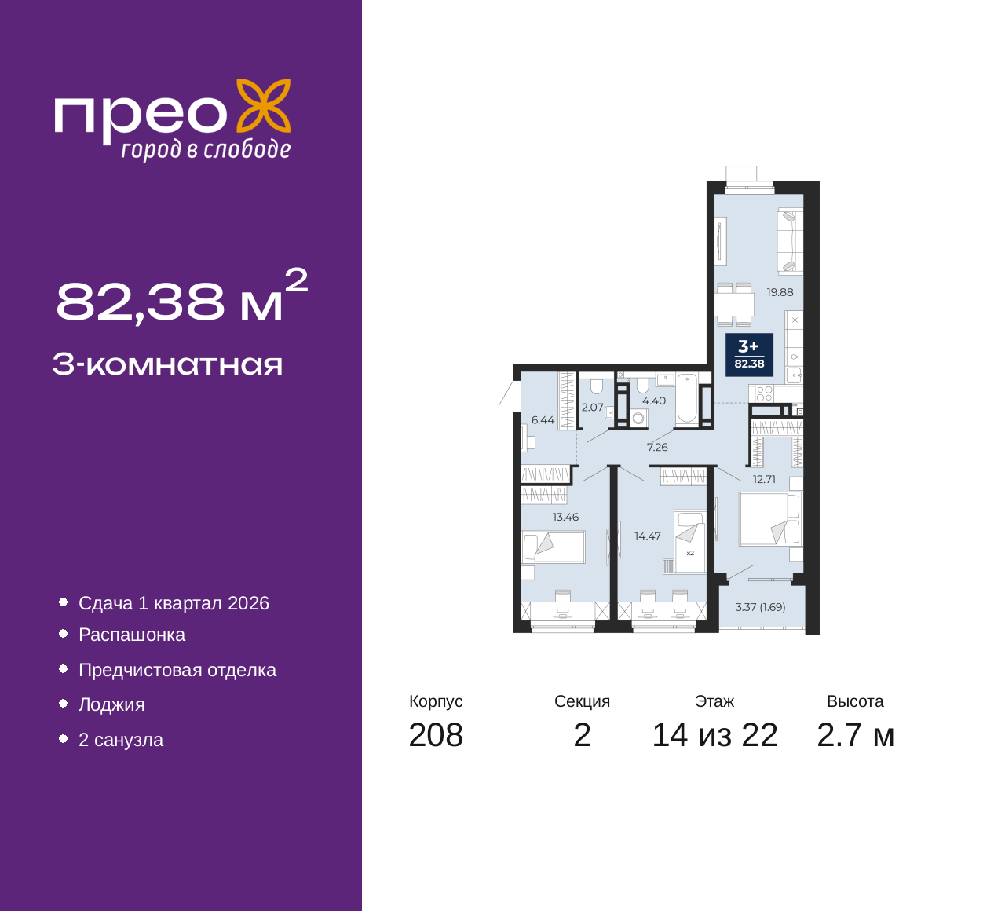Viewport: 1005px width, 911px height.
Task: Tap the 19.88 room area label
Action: (x=780, y=292)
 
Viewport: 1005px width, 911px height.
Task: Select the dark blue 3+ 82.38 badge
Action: (x=749, y=355)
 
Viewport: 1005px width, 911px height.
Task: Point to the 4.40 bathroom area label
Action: (x=654, y=401)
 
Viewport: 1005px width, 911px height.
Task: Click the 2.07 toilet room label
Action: (x=592, y=408)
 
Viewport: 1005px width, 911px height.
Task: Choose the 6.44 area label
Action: (x=543, y=420)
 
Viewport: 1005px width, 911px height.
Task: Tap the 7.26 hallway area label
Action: (x=657, y=447)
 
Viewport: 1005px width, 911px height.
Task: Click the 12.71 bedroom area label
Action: (x=764, y=479)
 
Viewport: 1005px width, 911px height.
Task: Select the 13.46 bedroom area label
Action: (x=565, y=517)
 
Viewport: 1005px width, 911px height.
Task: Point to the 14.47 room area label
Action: (x=647, y=536)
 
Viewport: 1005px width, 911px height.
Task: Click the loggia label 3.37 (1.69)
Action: (x=760, y=607)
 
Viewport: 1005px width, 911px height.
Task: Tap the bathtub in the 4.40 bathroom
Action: (x=686, y=399)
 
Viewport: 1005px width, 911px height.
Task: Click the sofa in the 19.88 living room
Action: (x=790, y=242)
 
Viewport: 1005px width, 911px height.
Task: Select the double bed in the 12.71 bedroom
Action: (x=771, y=518)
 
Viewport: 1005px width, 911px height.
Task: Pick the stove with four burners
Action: (x=764, y=393)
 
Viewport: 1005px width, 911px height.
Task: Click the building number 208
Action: (x=436, y=735)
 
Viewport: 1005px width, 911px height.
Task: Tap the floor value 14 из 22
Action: (x=714, y=735)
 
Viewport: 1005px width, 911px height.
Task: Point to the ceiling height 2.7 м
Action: (x=855, y=735)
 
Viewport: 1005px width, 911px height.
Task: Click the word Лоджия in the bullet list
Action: (x=111, y=705)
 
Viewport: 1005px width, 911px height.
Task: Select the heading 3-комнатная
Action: (x=168, y=365)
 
